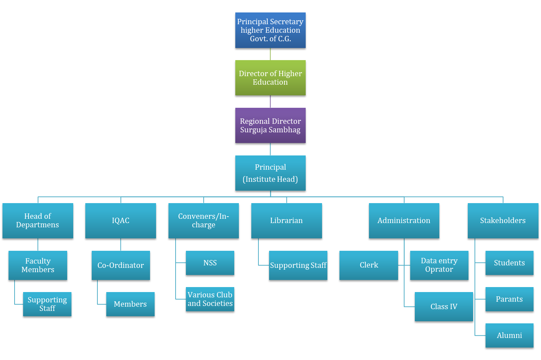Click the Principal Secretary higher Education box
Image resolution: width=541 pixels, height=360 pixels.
point(270,30)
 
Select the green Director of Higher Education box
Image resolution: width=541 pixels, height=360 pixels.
point(270,78)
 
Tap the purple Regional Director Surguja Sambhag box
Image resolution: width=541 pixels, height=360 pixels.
point(270,125)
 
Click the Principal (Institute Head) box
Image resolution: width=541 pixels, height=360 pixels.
point(270,173)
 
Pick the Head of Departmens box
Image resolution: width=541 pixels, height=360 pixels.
point(38,221)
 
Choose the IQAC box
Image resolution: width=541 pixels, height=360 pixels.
point(120,221)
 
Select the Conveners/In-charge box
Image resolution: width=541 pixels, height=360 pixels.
point(203,221)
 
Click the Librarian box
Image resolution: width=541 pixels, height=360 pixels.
point(286,221)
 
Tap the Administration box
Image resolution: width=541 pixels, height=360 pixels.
point(404,221)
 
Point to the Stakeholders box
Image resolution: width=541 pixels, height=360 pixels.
point(503,221)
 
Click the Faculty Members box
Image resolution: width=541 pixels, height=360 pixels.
point(38,265)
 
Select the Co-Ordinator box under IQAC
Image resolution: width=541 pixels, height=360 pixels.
point(120,265)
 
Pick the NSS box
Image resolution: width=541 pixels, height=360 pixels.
point(210,263)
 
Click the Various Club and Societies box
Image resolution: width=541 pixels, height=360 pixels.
point(210,299)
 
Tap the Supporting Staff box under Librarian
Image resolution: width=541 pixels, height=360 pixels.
point(298,265)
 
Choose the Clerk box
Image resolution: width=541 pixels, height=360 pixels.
point(369,265)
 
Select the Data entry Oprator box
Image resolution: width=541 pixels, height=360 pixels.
point(439,265)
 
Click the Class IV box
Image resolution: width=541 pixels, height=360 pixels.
point(444,307)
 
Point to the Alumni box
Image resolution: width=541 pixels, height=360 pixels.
point(509,335)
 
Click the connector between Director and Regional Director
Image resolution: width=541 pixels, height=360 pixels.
point(270,102)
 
